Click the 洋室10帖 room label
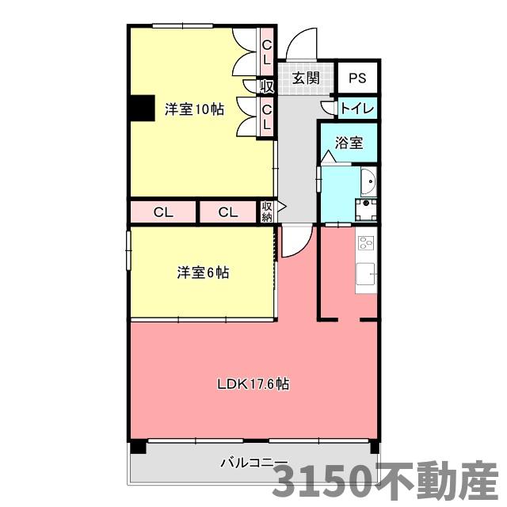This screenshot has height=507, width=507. tap(194, 109)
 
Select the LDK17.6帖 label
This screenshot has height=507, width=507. tap(253, 385)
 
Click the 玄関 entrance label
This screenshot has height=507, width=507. tap(305, 78)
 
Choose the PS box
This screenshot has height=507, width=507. tap(357, 78)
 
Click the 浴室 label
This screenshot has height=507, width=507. tap(349, 143)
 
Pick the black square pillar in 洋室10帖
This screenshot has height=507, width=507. tap(142, 109)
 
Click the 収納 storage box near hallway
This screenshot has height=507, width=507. tap(266, 212)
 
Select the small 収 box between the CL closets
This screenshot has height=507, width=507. tap(267, 86)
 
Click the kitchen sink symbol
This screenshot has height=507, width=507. tap(366, 273)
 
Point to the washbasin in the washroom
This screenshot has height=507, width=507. tap(368, 183)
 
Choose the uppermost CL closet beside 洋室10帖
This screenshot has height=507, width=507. tap(267, 51)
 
